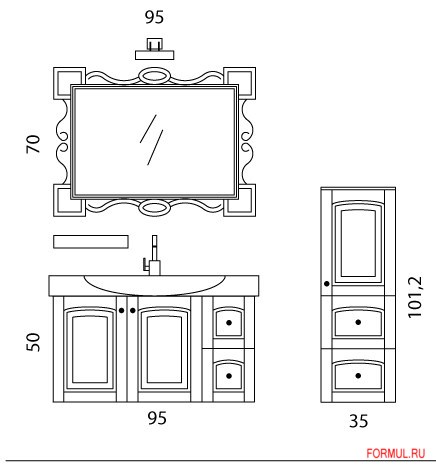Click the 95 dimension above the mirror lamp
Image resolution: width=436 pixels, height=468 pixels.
coord(154,17)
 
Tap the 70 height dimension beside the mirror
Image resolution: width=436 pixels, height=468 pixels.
coord(33,144)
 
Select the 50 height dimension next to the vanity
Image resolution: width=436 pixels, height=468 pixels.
coord(33,342)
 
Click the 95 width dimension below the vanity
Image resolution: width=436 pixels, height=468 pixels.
coord(157,418)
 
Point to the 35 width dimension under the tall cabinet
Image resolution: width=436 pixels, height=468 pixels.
coord(359,421)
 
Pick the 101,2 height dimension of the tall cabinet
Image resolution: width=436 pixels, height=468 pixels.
coord(415,297)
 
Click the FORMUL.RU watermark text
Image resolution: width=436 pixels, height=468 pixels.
coord(396,453)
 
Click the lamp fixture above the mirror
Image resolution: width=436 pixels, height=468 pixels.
coord(155,49)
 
